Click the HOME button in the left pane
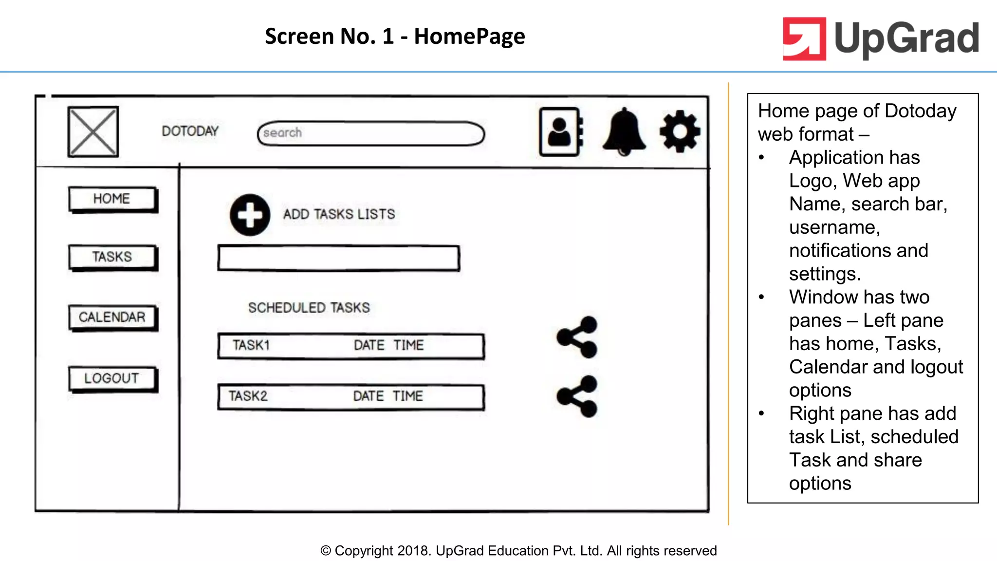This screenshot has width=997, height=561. click(112, 199)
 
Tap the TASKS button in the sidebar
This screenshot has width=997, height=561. click(112, 257)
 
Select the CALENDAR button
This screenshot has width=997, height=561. click(112, 317)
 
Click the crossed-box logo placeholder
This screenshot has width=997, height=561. click(93, 131)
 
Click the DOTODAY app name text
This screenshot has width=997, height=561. click(190, 131)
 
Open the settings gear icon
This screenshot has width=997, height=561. click(680, 131)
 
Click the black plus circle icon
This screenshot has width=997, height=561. click(250, 215)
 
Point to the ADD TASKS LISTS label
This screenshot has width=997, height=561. click(339, 214)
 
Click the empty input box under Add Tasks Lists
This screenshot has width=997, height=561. click(338, 258)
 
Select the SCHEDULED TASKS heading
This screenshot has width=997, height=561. click(309, 308)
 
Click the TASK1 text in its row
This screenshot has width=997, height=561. click(251, 345)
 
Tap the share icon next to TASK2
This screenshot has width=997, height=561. click(577, 396)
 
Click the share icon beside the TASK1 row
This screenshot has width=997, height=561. click(577, 337)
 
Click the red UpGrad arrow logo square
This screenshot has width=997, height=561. click(804, 39)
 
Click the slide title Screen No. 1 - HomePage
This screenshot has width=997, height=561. click(395, 36)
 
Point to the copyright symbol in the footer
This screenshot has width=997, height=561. click(325, 551)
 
